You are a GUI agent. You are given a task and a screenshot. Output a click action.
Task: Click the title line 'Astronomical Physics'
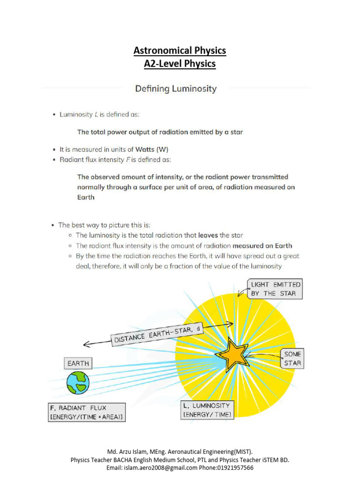point(180,50)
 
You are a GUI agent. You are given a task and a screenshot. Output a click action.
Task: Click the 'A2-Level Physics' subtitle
point(180,63)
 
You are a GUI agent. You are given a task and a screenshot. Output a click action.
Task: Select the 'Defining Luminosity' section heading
point(176,89)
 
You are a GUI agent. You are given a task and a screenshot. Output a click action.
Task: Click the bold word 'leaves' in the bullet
point(207,235)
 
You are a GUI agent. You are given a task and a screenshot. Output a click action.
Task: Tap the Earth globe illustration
point(78,382)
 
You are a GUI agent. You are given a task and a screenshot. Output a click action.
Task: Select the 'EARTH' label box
point(78,363)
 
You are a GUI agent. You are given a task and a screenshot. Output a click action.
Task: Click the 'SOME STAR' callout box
point(292,359)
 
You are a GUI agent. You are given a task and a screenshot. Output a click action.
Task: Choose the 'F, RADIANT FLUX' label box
point(87,412)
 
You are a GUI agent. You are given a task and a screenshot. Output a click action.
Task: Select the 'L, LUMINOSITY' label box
point(207,410)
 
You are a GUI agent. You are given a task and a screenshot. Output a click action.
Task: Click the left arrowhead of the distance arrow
point(85,345)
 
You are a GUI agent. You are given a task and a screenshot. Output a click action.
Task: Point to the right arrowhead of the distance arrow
point(231,323)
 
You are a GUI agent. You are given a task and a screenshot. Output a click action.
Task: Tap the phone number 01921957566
point(234,468)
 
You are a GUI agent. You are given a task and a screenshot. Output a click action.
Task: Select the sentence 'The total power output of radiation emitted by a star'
point(160,132)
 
